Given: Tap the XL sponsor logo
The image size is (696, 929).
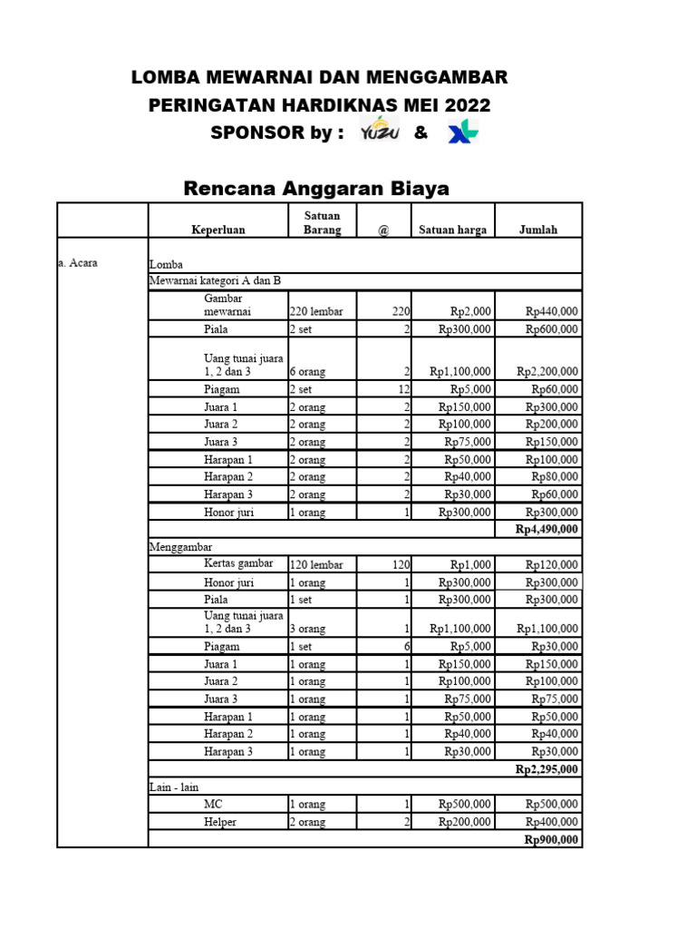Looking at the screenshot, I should click(463, 132).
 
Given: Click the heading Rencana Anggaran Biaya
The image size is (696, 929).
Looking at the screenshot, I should click(316, 189).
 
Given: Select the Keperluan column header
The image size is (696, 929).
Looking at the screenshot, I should click(217, 230).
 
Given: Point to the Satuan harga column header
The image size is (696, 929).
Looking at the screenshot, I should click(452, 230).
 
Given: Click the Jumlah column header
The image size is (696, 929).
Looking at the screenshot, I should click(538, 230).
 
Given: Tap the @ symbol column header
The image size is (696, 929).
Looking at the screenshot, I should click(383, 230).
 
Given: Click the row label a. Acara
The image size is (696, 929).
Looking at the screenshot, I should click(78, 263).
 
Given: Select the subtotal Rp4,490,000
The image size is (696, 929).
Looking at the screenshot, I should click(546, 529).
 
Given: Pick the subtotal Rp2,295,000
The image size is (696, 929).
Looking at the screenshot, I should click(546, 769).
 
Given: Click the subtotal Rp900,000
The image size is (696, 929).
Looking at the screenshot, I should click(551, 840).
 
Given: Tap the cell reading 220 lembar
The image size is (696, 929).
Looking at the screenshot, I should click(316, 311).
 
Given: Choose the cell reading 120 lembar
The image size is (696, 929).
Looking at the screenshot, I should click(316, 564).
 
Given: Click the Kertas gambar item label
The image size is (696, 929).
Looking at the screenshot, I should click(238, 563).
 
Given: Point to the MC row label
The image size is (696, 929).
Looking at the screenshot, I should click(213, 804).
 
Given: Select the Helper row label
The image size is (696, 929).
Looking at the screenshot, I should click(221, 822).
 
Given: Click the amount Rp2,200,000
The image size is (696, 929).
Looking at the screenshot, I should click(547, 371).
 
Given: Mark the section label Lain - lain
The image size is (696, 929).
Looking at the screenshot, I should click(173, 787).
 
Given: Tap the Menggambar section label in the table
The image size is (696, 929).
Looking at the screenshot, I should click(180, 547).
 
